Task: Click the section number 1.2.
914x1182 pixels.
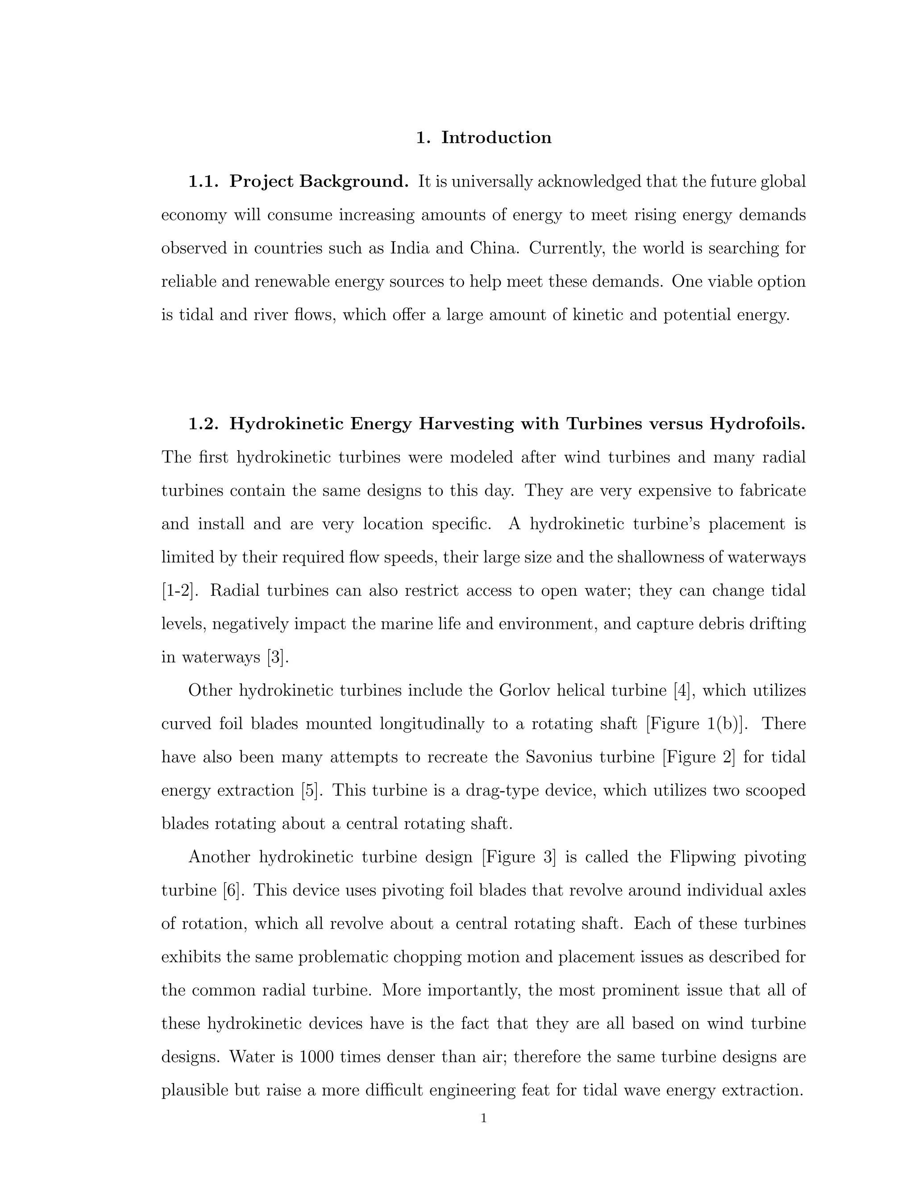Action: [x=203, y=424]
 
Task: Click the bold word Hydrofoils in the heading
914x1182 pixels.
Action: [x=757, y=424]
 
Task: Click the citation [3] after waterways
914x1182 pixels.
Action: [x=278, y=657]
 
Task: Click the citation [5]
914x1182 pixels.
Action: [x=312, y=791]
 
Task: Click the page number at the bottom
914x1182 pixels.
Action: [x=483, y=1119]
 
